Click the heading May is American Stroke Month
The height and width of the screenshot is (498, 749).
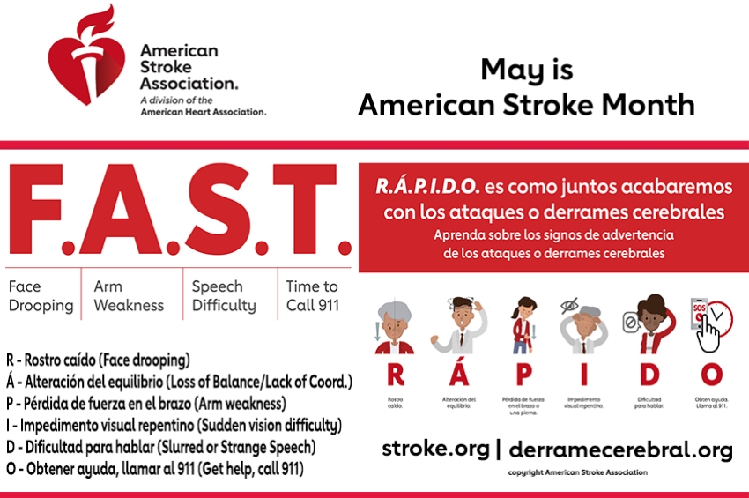525,87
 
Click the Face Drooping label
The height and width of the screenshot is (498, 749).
41,296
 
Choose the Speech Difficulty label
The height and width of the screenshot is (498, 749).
224,296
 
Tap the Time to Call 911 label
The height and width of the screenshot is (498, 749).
312,296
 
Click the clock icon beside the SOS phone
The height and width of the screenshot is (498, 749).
720,315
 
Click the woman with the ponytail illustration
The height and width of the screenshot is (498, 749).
523,325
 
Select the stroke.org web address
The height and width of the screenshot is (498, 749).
435,449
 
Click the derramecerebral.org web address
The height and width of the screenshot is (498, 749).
620,450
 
